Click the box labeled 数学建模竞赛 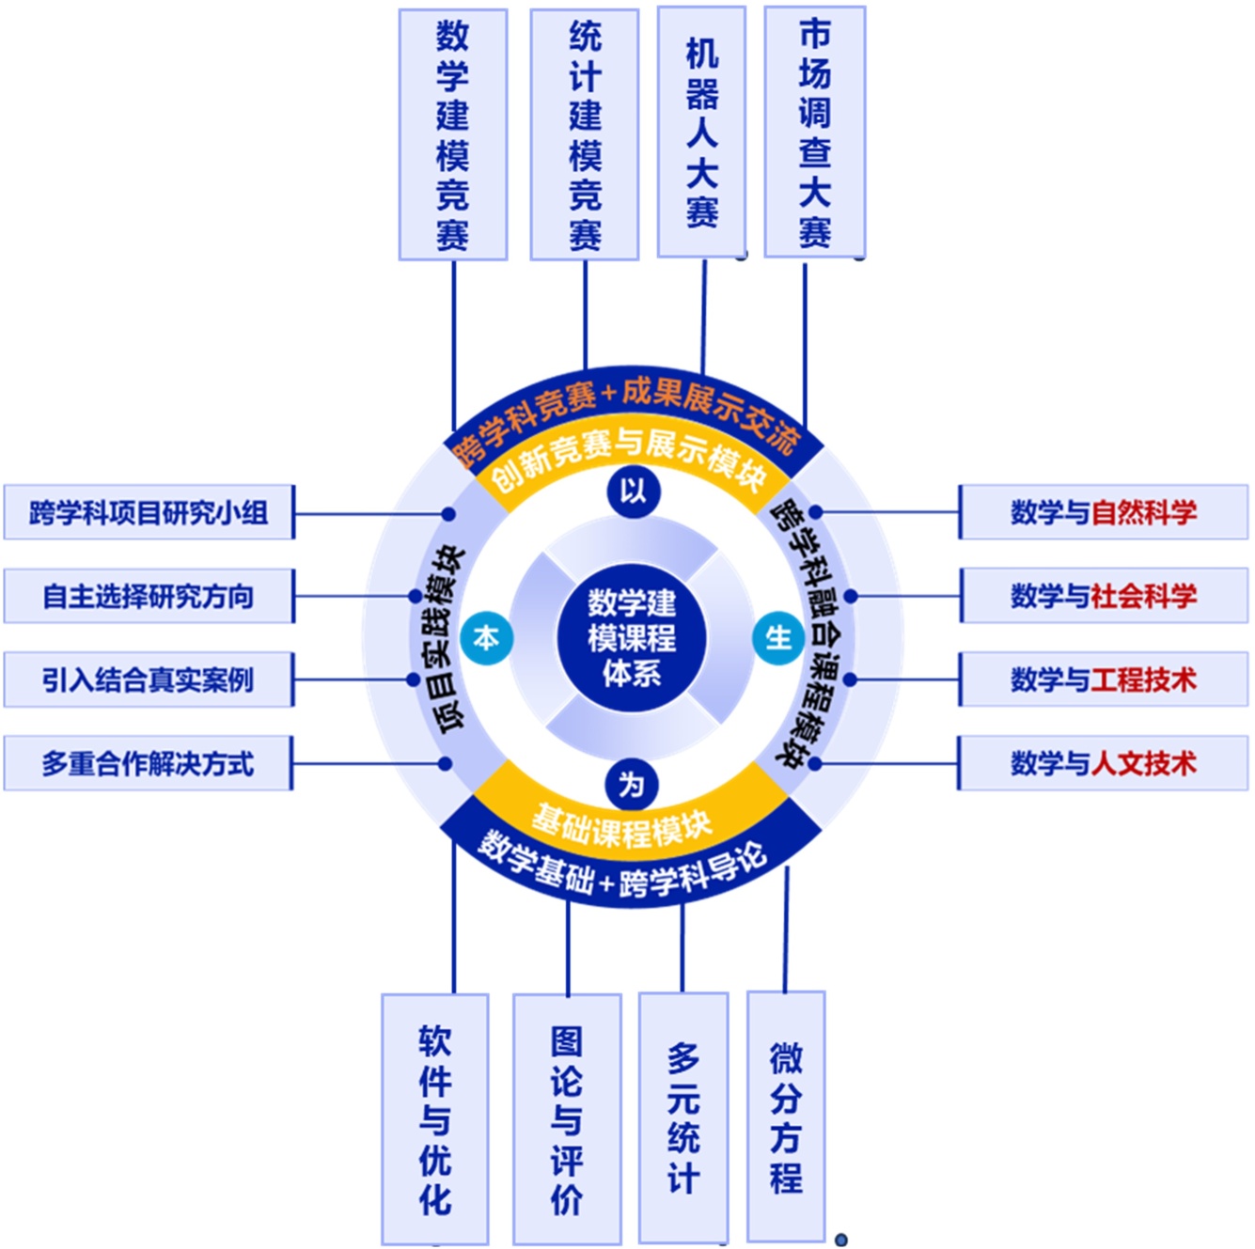453,134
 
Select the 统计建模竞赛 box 585,134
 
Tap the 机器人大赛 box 701,132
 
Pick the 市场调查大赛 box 815,132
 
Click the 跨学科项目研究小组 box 149,512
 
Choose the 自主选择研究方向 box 149,596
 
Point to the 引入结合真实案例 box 149,679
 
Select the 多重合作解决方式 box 149,763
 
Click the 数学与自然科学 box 1104,512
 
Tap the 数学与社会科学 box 1104,595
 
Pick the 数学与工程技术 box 1104,679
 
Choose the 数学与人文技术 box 1104,762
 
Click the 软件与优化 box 435,1119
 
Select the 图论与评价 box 567,1119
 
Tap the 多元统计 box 683,1117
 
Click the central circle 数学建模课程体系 632,638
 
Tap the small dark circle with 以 633,491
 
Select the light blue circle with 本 486,638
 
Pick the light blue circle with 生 778,638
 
